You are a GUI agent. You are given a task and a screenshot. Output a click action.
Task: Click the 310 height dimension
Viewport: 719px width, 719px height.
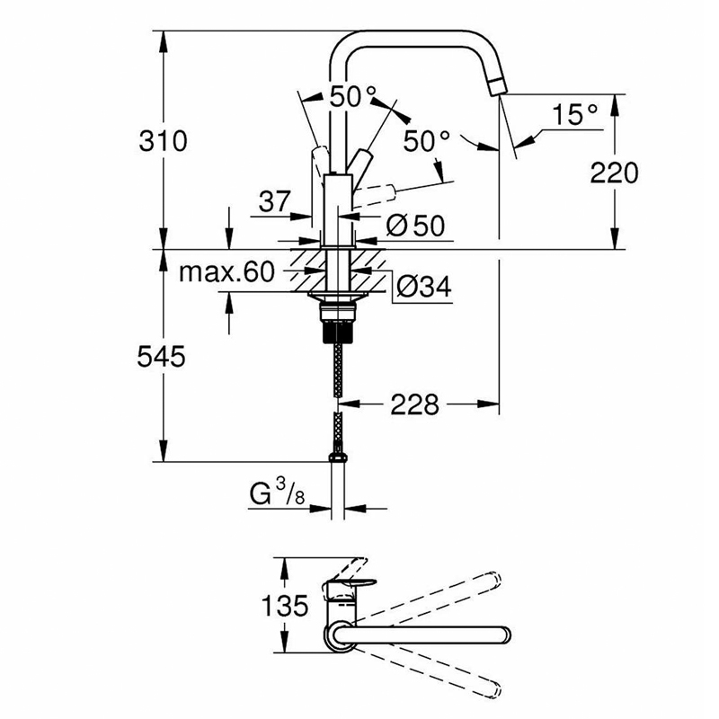[x=164, y=141]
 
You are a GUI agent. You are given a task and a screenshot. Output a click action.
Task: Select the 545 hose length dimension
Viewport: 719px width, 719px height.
[x=162, y=356]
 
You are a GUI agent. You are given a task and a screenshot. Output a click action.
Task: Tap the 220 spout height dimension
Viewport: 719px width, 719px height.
[x=614, y=173]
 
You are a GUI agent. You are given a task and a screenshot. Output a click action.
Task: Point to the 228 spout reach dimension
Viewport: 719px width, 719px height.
[x=414, y=405]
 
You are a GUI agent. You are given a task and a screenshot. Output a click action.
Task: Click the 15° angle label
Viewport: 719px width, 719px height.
[x=575, y=114]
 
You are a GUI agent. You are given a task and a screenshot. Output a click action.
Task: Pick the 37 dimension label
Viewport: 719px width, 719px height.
[x=275, y=200]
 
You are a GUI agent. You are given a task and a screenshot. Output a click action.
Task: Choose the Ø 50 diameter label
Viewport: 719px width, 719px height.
[x=415, y=226]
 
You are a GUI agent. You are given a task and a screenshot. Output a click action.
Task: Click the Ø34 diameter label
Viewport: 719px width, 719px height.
[x=424, y=287]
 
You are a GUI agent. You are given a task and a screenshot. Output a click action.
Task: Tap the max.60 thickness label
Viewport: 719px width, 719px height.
[x=226, y=272]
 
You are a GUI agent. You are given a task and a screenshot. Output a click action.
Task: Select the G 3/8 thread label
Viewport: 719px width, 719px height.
[x=277, y=493]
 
